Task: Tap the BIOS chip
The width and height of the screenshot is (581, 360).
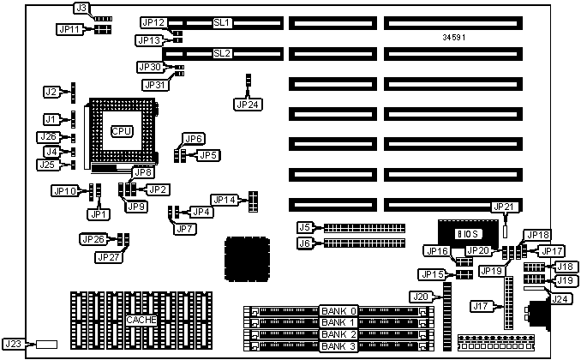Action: click(465, 233)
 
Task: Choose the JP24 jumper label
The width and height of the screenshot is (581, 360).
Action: click(246, 105)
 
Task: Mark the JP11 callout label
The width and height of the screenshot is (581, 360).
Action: click(69, 29)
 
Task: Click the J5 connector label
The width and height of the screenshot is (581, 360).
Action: click(304, 227)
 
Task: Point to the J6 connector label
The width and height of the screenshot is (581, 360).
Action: click(304, 243)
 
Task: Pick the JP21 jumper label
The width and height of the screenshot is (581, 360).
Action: click(503, 207)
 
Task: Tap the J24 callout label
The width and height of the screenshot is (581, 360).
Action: click(560, 299)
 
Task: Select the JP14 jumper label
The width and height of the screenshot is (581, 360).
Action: click(224, 200)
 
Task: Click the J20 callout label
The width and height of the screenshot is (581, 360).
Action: click(421, 297)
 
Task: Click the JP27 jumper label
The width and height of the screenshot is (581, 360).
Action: click(109, 256)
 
